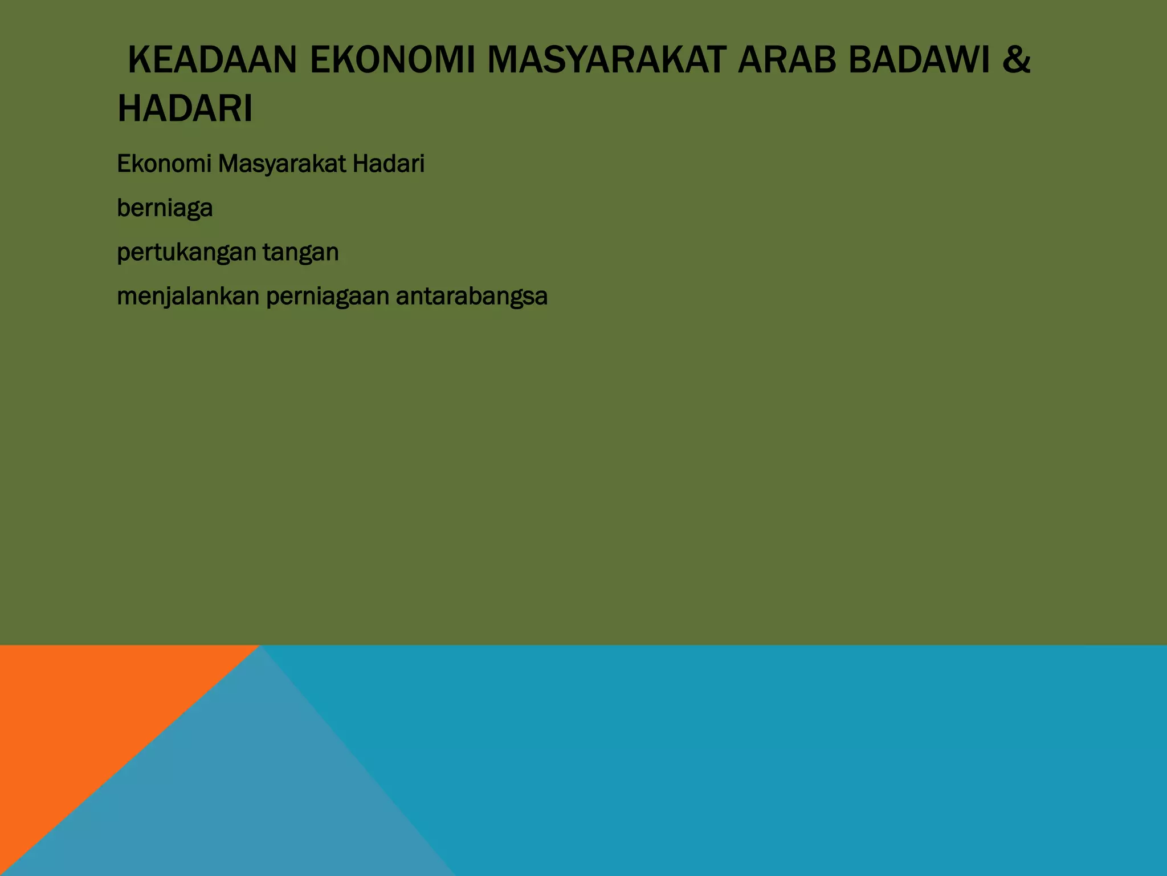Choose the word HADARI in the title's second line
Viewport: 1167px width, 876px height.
click(185, 109)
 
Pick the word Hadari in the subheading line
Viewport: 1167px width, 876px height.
click(389, 164)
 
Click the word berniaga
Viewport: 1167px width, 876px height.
click(165, 209)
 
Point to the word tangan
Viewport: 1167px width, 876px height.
click(301, 253)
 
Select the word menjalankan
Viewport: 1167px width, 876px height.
click(188, 297)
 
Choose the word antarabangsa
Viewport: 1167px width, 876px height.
click(472, 297)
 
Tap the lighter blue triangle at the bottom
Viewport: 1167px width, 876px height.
click(239, 798)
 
